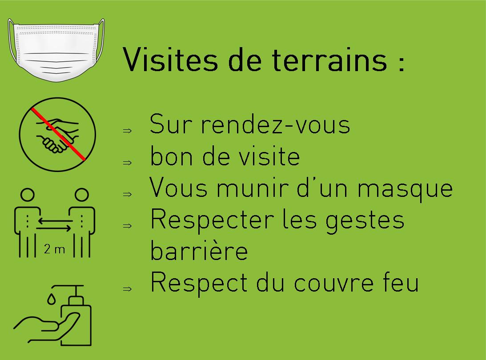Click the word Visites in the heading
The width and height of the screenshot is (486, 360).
(170, 60)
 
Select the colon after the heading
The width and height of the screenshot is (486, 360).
(402, 64)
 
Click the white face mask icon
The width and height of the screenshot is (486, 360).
(56, 50)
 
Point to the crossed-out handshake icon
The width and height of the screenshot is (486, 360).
(57, 135)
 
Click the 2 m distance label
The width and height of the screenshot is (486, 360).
(55, 249)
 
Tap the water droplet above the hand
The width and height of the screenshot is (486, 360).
(52, 299)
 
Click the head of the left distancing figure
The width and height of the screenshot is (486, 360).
(28, 195)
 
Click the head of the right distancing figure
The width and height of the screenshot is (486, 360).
(82, 195)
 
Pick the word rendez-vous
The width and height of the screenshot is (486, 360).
(275, 124)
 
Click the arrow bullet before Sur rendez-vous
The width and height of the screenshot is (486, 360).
(127, 131)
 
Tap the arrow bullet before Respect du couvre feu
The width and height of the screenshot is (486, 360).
(127, 289)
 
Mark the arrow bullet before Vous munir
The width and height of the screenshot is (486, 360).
(127, 194)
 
